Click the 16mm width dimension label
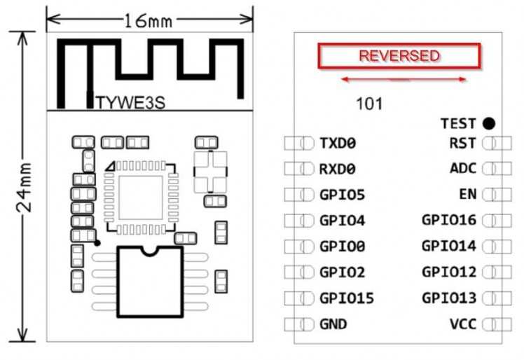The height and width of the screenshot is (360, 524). (x=148, y=21)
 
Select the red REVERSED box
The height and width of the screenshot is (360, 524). (x=399, y=56)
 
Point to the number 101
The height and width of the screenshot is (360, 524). (x=369, y=104)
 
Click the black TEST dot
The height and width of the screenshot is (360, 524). (x=488, y=124)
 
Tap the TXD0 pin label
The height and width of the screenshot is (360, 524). (x=338, y=144)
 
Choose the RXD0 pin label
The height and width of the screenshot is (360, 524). (x=338, y=169)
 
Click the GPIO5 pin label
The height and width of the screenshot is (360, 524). (x=342, y=195)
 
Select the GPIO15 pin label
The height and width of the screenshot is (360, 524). (x=346, y=298)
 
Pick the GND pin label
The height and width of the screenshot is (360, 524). (x=333, y=324)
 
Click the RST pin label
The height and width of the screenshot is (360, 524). (x=462, y=144)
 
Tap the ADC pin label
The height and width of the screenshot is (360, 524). (x=462, y=169)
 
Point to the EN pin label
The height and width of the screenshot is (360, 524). (x=467, y=195)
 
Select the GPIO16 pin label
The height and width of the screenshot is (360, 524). (x=449, y=221)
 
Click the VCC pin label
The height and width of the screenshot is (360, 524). (x=462, y=324)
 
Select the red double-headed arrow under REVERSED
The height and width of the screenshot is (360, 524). (x=403, y=79)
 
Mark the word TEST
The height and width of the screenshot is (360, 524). (x=458, y=124)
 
